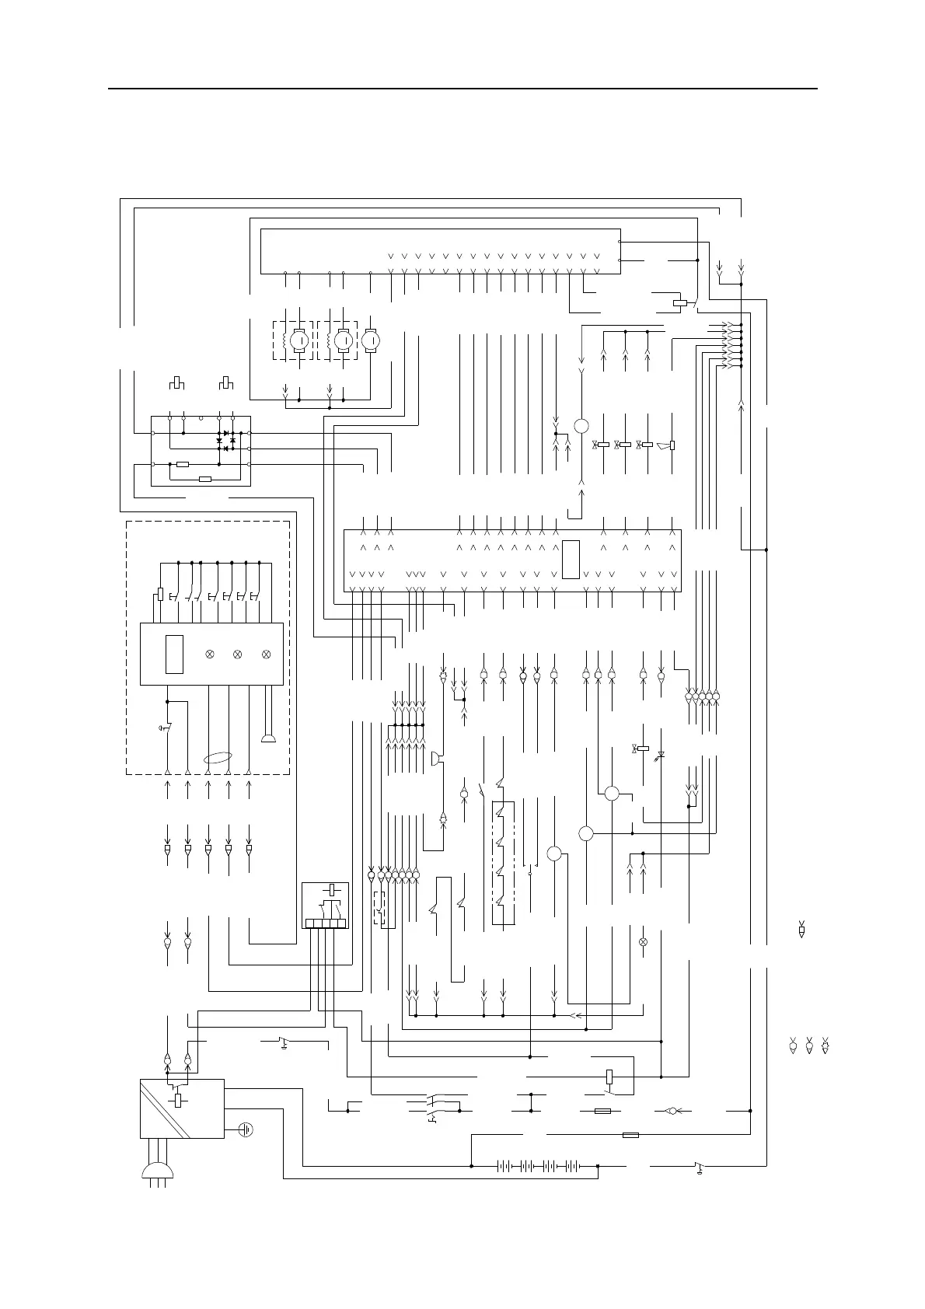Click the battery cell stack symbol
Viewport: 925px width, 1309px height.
pos(538,1166)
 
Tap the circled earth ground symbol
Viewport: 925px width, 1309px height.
pos(246,1129)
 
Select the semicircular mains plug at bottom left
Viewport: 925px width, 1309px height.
pos(159,1174)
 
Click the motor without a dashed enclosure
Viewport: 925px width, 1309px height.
pos(372,340)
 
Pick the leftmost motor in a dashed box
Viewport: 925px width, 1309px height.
pos(299,340)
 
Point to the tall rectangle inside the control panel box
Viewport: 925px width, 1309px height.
pos(174,654)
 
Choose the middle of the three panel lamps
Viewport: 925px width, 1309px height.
pos(238,654)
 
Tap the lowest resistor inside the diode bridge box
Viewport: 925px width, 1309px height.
pos(205,479)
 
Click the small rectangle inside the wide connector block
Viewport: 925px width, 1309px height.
pos(571,559)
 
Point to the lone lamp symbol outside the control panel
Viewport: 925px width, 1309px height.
pos(643,942)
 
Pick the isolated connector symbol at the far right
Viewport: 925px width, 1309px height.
pos(801,930)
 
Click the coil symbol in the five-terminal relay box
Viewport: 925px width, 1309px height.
pos(332,889)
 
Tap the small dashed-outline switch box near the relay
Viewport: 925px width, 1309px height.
pos(379,908)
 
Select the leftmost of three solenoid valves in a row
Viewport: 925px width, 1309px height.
pos(602,445)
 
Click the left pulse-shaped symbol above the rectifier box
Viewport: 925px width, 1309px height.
pos(177,383)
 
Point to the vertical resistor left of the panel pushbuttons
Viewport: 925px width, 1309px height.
pos(160,594)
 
